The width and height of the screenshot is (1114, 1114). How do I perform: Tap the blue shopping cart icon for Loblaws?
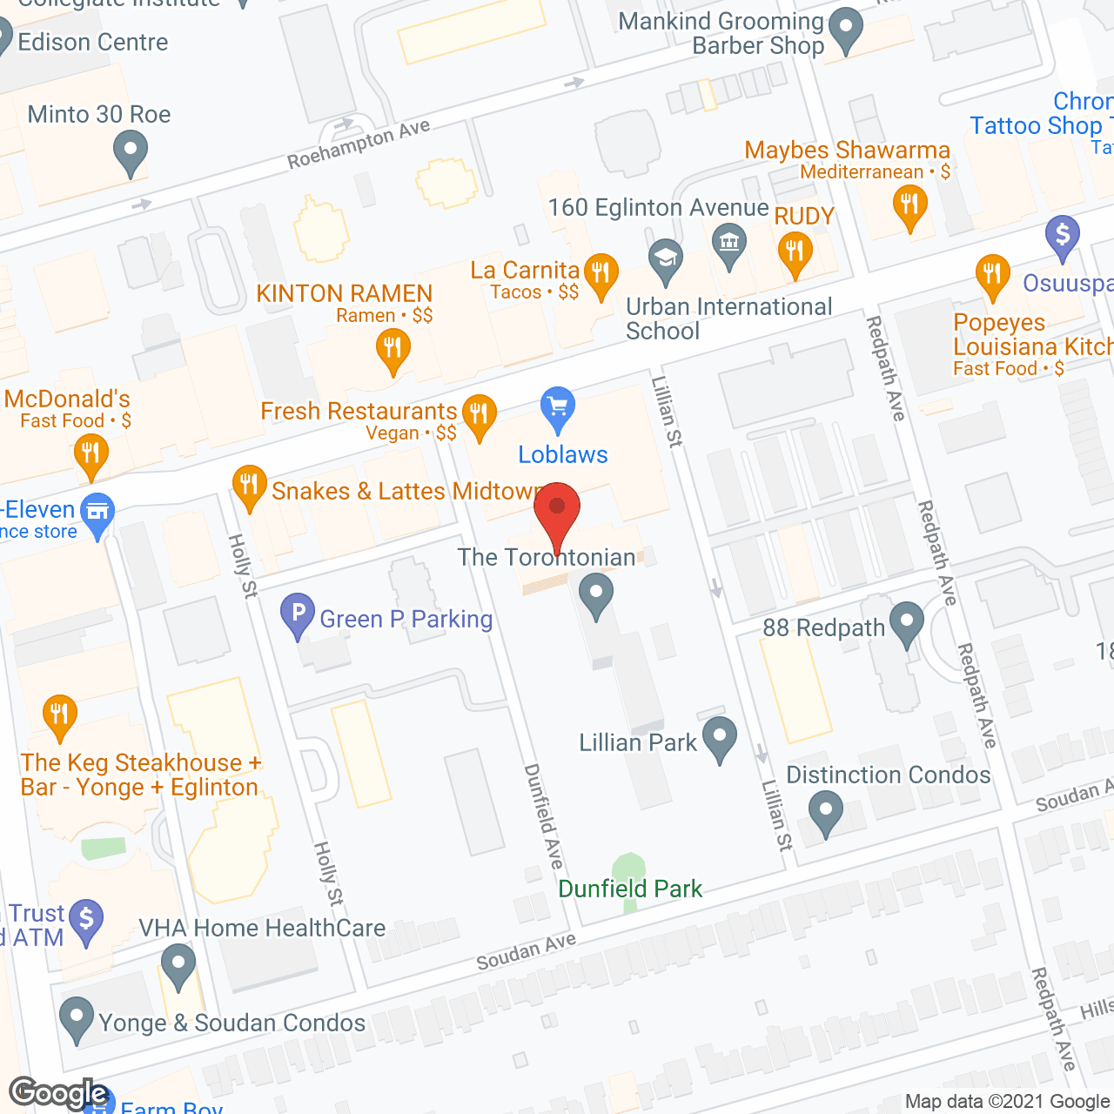[558, 408]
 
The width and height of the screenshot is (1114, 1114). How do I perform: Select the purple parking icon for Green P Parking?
[298, 614]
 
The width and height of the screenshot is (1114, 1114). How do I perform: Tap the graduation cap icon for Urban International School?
[666, 259]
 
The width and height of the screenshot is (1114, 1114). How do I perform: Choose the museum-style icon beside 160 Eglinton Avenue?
[729, 243]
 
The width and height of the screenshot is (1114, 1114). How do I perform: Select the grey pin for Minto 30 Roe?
[131, 151]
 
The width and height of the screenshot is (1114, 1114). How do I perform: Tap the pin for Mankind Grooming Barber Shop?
[845, 30]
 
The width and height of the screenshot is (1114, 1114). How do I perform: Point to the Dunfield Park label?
[629, 889]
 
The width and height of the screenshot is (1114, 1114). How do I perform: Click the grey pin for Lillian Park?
[720, 737]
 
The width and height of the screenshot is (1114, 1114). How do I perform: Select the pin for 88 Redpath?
[907, 622]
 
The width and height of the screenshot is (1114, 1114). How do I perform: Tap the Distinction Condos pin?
[826, 812]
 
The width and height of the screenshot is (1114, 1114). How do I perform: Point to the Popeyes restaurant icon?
[993, 275]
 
